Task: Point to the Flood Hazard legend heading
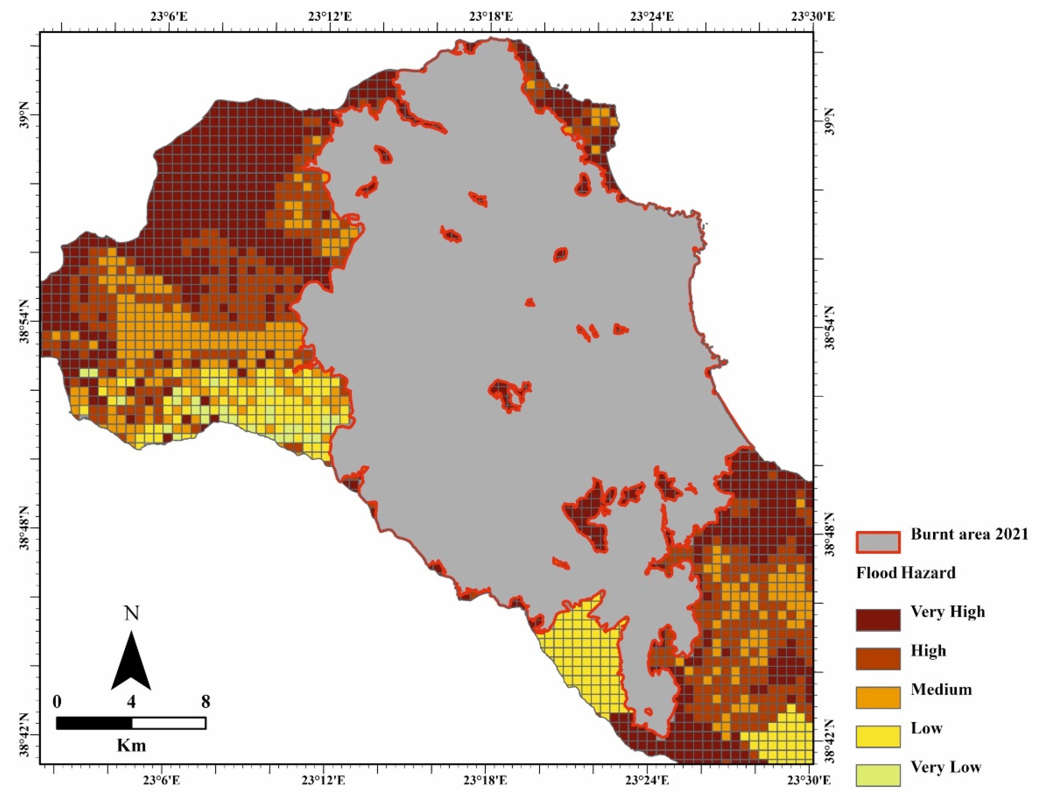click(905, 572)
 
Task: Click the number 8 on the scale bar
click(205, 702)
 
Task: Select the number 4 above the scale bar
click(131, 702)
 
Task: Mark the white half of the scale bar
click(169, 723)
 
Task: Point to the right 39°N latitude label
click(829, 122)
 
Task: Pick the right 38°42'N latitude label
click(829, 744)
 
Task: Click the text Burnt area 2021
click(969, 534)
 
